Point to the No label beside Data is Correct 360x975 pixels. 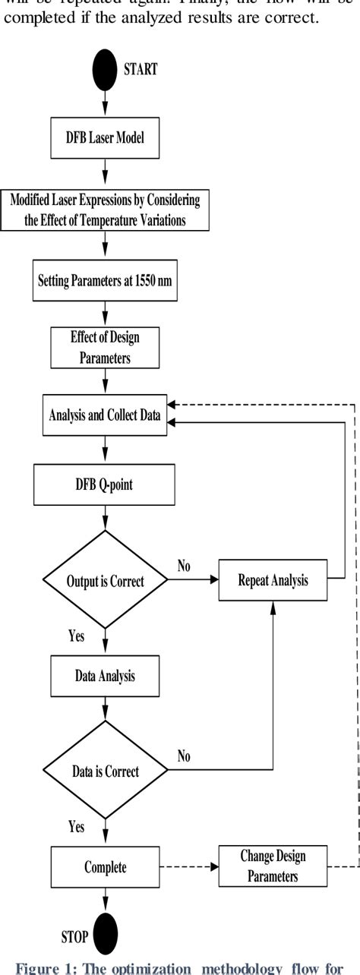185,715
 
